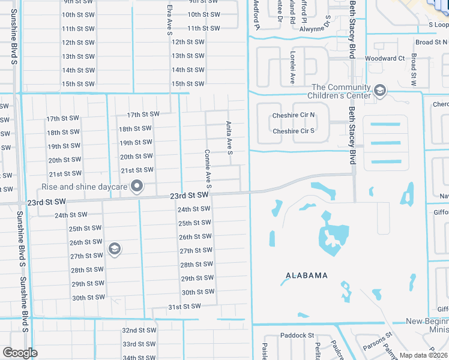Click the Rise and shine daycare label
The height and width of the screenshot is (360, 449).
[84, 187]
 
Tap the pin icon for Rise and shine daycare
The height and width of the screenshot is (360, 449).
[137, 187]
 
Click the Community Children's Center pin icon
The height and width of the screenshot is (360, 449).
[379, 91]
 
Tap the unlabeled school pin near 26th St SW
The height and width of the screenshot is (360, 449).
[114, 248]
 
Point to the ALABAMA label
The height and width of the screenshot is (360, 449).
[306, 275]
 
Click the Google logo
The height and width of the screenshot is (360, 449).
[20, 353]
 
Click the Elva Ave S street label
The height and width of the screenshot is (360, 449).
[170, 20]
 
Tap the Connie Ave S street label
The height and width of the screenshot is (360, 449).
[208, 169]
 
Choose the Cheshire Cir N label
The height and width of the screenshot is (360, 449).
[294, 115]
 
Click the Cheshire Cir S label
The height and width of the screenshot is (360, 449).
[294, 131]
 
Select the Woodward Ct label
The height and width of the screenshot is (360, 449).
[385, 58]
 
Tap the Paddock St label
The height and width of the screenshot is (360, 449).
[297, 335]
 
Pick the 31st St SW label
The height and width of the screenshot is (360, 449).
[183, 307]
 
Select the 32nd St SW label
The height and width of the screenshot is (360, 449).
[138, 331]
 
